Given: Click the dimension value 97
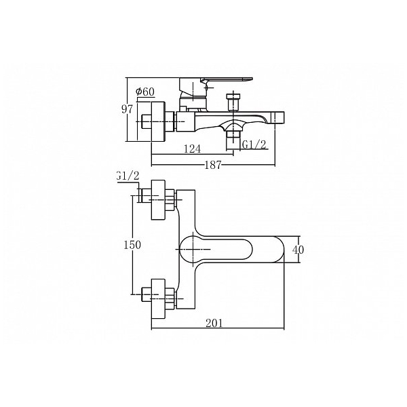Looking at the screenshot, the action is [x=128, y=109].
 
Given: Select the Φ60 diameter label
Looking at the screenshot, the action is [x=145, y=92].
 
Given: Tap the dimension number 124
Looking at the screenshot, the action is [x=193, y=149].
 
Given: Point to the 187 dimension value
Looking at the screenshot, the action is [x=213, y=165].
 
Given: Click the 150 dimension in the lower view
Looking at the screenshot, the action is [x=132, y=245].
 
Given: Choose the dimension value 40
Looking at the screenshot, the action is [x=298, y=250].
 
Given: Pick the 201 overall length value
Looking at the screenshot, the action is [x=214, y=323].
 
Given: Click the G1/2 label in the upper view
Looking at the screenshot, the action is [x=254, y=144].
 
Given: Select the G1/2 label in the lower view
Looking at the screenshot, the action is [x=128, y=176].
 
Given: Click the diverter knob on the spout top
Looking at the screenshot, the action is [x=233, y=102].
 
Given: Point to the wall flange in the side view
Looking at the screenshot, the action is [x=157, y=121].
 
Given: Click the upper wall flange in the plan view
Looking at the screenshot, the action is [x=158, y=200].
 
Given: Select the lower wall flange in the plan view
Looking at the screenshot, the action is [x=158, y=299].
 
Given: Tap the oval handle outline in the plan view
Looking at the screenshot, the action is [x=216, y=250].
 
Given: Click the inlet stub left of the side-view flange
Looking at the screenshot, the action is [x=146, y=121].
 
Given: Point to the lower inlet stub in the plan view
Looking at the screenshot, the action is [x=147, y=294].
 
